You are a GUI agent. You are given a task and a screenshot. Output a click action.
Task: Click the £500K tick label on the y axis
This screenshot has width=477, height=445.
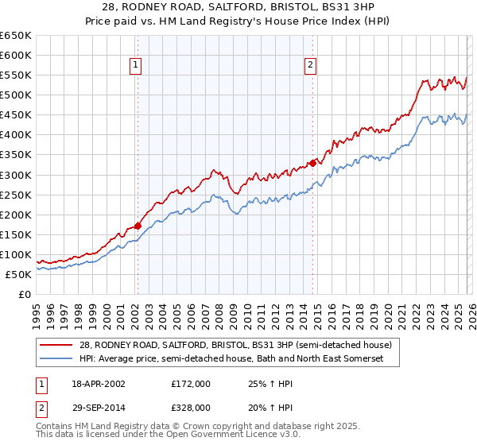click(x=16, y=95)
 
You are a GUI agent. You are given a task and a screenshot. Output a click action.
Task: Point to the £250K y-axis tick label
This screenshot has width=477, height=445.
click(x=16, y=195)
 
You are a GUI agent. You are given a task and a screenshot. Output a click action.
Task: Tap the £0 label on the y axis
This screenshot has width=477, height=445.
click(x=25, y=294)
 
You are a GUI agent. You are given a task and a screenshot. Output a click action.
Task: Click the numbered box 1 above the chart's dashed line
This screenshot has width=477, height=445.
click(x=137, y=66)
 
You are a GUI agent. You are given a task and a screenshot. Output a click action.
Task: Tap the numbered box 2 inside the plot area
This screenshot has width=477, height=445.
click(x=311, y=66)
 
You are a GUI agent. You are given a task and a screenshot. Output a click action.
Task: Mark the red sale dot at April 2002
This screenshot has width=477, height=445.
click(x=138, y=226)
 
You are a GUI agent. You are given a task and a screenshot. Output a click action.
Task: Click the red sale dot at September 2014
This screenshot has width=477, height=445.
click(x=312, y=163)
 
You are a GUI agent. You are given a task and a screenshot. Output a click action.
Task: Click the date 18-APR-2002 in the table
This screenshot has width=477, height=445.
click(x=96, y=384)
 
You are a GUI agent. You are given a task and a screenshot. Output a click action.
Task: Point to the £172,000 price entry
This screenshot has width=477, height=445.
click(x=191, y=384)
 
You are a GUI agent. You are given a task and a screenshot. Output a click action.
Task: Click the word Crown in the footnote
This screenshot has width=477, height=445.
click(x=200, y=427)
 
